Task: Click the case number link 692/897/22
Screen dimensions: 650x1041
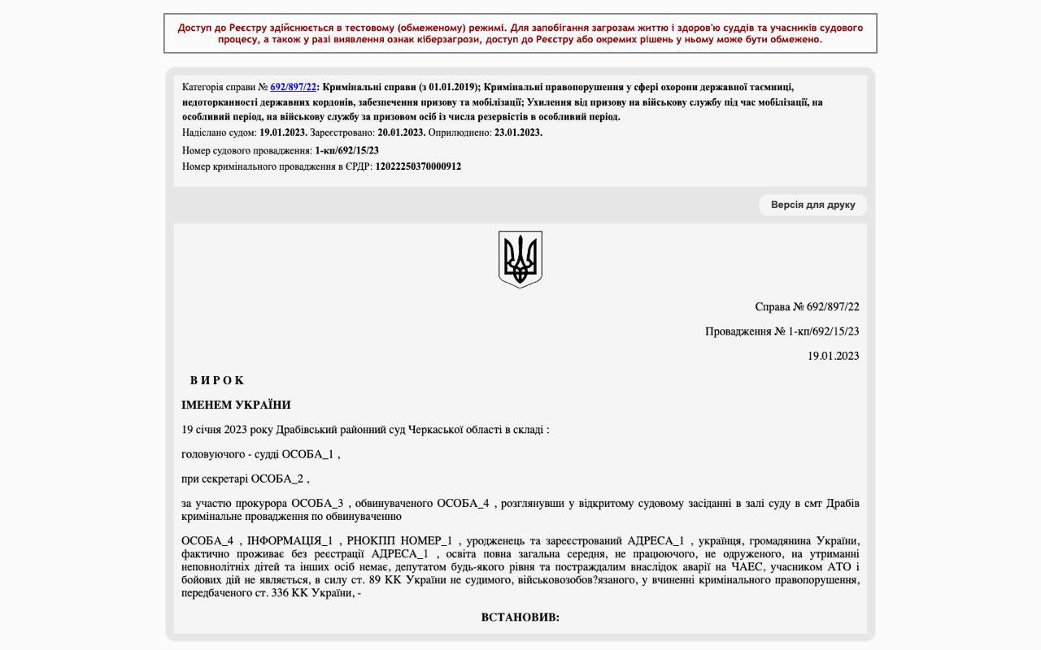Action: point(293,87)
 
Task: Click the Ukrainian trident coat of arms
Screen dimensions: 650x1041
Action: point(520,259)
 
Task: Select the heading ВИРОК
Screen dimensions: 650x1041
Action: point(217,380)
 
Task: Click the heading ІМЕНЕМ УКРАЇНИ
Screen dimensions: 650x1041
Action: point(236,405)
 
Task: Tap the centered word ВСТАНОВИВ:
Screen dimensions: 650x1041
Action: point(520,617)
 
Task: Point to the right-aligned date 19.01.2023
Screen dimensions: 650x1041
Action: point(833,356)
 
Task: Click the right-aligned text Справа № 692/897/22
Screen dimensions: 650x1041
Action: point(807,307)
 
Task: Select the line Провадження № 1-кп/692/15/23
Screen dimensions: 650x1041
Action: point(782,331)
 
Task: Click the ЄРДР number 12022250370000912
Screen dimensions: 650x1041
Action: point(418,167)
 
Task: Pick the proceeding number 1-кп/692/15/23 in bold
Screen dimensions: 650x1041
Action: point(346,150)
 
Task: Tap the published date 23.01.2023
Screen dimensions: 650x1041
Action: point(518,132)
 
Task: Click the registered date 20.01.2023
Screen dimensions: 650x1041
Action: point(401,132)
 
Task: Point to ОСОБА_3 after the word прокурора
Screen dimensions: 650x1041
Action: point(317,504)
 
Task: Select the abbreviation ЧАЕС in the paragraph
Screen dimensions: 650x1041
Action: point(747,567)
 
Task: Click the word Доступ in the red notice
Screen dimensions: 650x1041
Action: point(194,28)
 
